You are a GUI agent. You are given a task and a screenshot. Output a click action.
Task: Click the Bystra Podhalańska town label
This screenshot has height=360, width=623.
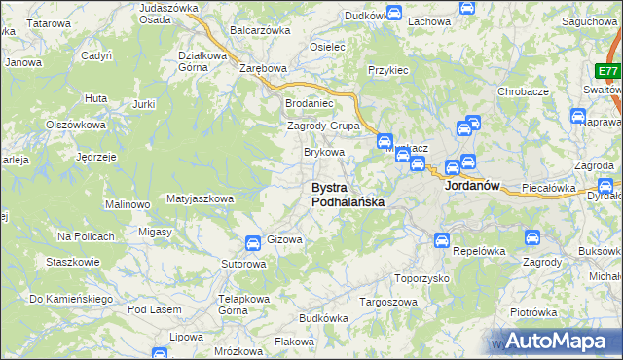(x=347, y=195)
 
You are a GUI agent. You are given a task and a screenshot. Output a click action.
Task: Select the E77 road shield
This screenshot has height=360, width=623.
(x=608, y=71)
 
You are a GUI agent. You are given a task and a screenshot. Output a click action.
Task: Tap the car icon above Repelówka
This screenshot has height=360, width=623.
(x=441, y=239)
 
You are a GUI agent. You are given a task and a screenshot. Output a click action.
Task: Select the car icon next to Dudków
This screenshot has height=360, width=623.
(x=394, y=13)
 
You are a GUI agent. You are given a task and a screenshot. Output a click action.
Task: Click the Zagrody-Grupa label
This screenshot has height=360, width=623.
(x=324, y=126)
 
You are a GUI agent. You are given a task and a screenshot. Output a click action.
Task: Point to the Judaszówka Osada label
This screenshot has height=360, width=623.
(x=162, y=13)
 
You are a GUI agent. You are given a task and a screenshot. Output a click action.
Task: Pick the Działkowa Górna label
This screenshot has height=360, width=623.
(x=202, y=61)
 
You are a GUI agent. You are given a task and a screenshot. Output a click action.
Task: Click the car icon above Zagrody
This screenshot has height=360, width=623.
(x=532, y=236)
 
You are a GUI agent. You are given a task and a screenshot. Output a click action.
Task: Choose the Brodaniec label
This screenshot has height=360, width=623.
(x=309, y=102)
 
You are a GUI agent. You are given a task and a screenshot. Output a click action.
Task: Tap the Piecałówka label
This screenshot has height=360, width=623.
(x=549, y=188)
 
